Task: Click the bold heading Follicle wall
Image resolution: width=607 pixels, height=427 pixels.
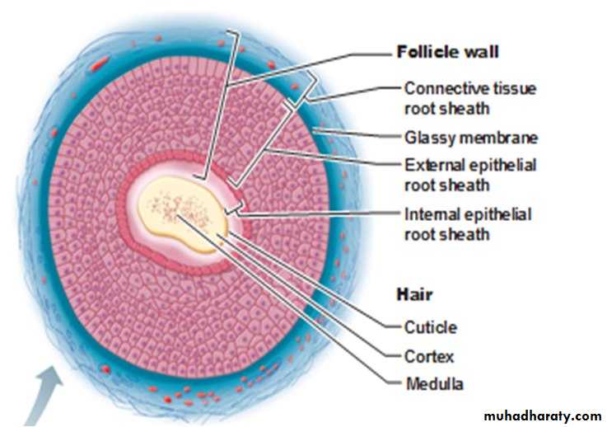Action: click(x=447, y=53)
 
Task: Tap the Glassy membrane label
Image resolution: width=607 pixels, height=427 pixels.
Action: click(x=471, y=138)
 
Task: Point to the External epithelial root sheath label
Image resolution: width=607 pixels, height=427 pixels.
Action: click(x=470, y=174)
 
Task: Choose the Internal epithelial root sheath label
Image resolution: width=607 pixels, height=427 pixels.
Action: click(x=468, y=224)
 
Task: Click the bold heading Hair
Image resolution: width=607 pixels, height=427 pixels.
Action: click(x=415, y=294)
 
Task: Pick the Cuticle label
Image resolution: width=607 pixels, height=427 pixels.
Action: click(x=430, y=327)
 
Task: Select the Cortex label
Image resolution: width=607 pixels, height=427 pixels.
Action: click(x=429, y=357)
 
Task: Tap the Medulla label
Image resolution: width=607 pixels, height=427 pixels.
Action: click(x=434, y=384)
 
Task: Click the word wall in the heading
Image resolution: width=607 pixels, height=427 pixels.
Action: click(x=481, y=53)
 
